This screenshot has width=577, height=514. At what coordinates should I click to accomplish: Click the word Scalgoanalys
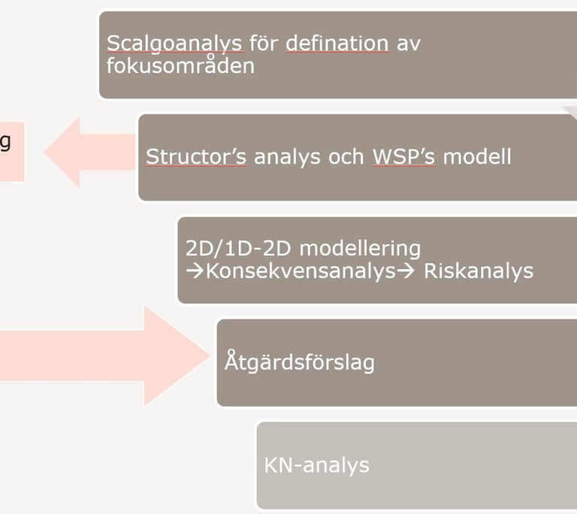pyautogui.click(x=174, y=43)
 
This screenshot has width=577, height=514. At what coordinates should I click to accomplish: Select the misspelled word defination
pyautogui.click(x=337, y=43)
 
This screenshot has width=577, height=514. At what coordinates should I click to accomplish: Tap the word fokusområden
pyautogui.click(x=180, y=65)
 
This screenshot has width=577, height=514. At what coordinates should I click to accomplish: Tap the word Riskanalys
pyautogui.click(x=479, y=271)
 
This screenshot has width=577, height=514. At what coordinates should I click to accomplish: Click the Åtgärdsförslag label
pyautogui.click(x=299, y=362)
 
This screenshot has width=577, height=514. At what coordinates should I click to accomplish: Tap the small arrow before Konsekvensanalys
pyautogui.click(x=194, y=271)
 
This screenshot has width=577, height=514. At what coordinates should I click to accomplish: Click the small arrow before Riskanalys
pyautogui.click(x=406, y=271)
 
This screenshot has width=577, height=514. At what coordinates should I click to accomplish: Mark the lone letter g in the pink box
pyautogui.click(x=5, y=143)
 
